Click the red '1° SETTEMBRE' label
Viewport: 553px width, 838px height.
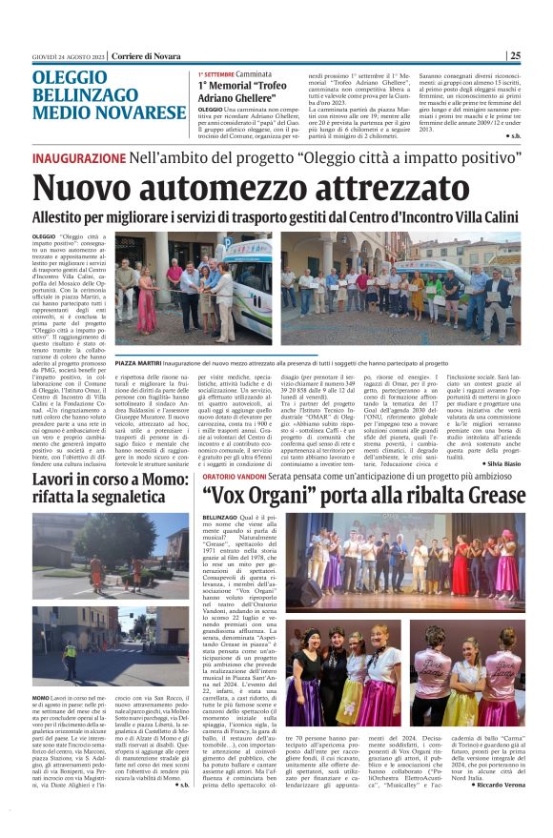[x=217, y=73]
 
